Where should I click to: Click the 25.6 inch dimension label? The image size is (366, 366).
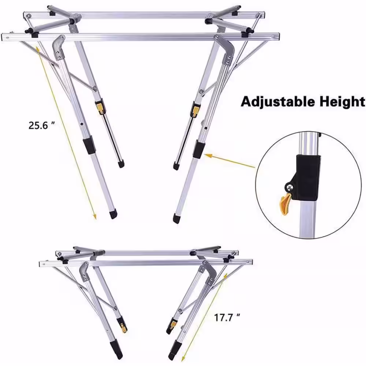click(x=42, y=125)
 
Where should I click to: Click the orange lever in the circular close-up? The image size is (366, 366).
click(x=286, y=204)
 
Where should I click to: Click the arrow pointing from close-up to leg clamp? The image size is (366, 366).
click(x=230, y=161)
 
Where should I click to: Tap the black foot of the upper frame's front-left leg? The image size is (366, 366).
click(x=114, y=214)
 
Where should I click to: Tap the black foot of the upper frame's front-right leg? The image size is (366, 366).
click(x=176, y=219)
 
